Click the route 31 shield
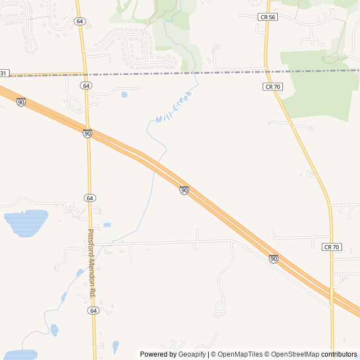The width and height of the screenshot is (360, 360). click(4, 74)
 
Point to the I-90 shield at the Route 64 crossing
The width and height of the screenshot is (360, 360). click(87, 133)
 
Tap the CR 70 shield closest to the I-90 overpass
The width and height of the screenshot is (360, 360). click(332, 247)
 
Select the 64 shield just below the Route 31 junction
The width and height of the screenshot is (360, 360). click(85, 85)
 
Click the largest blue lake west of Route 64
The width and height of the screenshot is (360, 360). click(26, 222)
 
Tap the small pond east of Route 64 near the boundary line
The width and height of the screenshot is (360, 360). click(124, 94)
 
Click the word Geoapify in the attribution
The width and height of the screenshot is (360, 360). click(192, 354)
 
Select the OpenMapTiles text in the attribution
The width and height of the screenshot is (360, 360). click(239, 354)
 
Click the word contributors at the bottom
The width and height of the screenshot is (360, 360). click(339, 354)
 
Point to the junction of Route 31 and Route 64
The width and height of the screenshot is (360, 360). click(85, 74)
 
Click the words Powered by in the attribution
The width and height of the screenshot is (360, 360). click(158, 354)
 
